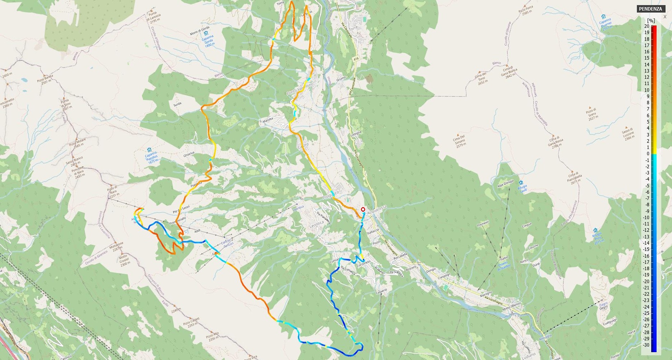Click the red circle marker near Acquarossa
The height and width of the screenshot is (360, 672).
coord(363,209)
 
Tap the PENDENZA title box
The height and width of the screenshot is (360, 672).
coord(650,9)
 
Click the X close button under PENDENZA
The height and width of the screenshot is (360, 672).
coord(665,17)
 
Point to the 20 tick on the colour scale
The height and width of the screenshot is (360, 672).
coord(647,26)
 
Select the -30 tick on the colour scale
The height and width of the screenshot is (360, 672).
coord(647,345)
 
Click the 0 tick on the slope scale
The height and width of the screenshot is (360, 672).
coord(648,154)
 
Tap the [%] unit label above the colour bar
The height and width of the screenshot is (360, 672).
coord(651,21)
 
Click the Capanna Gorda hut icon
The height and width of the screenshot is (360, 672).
coord(206,33)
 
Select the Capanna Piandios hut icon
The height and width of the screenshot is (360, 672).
coord(149,150)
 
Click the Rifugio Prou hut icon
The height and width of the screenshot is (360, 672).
coord(596,230)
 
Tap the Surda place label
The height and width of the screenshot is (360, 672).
coord(177,104)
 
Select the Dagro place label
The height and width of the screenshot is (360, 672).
coord(603,305)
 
